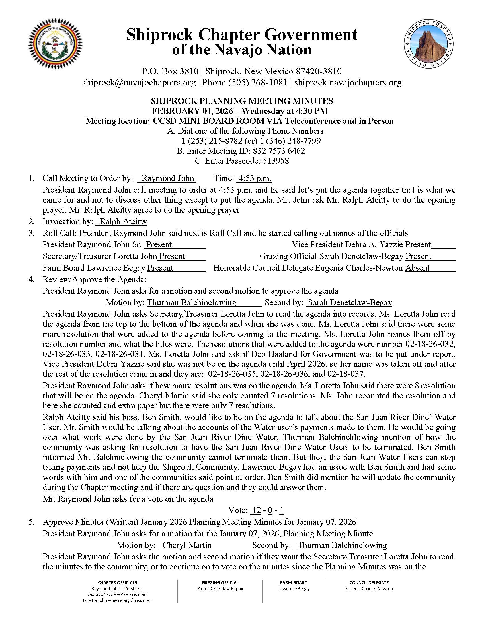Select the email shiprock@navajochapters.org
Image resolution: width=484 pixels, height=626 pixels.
139,83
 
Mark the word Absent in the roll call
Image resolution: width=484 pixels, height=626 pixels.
417,268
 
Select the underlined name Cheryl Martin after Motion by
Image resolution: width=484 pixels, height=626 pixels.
187,545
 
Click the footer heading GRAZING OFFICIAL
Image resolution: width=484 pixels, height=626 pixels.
220,582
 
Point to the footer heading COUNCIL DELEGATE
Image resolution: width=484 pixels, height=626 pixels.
369,582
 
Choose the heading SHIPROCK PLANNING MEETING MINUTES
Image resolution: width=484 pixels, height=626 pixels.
242,101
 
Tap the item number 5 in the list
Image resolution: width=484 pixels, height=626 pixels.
32,522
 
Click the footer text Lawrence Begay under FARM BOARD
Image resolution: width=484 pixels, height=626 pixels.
294,588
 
